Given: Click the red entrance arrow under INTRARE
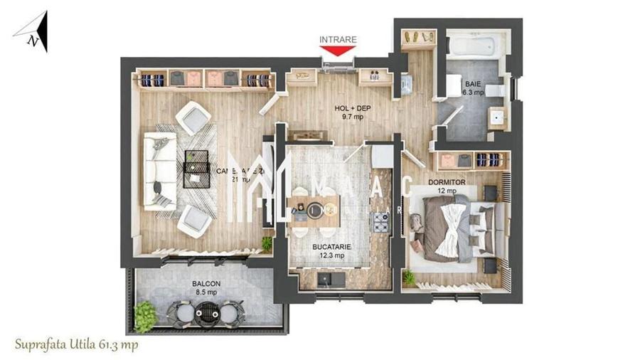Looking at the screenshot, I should click(x=337, y=51).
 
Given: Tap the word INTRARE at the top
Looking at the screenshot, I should click(x=337, y=39).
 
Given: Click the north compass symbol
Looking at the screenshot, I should click(x=35, y=33).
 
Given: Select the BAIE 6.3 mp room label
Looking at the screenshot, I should click(x=474, y=88).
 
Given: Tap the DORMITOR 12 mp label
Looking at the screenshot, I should click(x=447, y=186).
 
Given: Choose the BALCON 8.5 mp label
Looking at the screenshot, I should click(x=206, y=287).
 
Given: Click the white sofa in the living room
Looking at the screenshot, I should click(x=159, y=171).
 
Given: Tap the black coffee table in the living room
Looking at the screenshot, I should click(x=196, y=169).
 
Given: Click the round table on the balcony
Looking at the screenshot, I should click(x=207, y=312).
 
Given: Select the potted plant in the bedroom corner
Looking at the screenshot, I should click(x=409, y=277).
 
